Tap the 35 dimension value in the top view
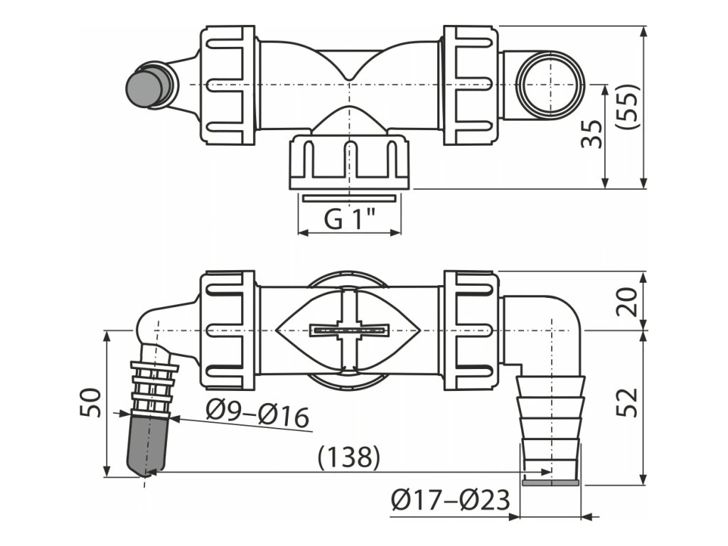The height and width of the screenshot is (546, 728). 592,134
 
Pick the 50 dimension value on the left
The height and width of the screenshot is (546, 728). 91,402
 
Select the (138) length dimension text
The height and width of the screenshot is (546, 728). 348,456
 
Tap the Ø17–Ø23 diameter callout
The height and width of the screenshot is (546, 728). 450,501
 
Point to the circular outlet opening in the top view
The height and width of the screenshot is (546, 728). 549,85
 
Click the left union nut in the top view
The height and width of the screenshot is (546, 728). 227,85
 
